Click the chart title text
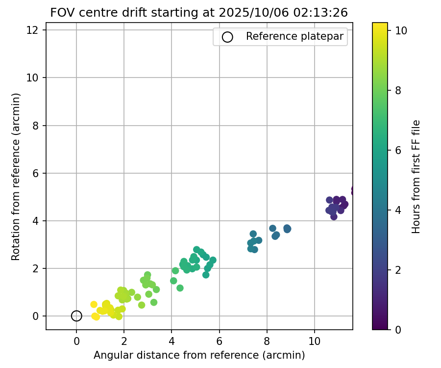pyautogui.click(x=199, y=13)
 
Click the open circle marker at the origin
pyautogui.click(x=76, y=316)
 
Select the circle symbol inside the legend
pyautogui.click(x=227, y=37)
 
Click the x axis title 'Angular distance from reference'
pyautogui.click(x=199, y=355)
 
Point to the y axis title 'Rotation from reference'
pyautogui.click(x=16, y=177)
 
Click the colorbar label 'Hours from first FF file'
pyautogui.click(x=416, y=177)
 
